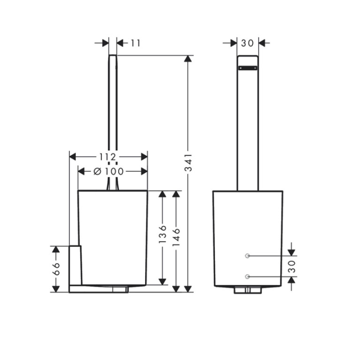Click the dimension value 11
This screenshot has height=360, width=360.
[x=136, y=43]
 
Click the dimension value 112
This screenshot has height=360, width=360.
[x=108, y=157]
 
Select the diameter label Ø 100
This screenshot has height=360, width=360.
[x=108, y=171]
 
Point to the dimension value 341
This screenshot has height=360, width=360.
[x=188, y=162]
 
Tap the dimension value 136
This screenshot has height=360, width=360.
[x=162, y=234]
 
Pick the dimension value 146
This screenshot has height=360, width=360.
[x=176, y=237]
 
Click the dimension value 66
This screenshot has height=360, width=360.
[x=56, y=269]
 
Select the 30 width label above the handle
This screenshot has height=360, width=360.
[x=247, y=43]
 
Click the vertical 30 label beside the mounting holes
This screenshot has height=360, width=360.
[x=292, y=266]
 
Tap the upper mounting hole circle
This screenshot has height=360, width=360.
[x=247, y=256]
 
